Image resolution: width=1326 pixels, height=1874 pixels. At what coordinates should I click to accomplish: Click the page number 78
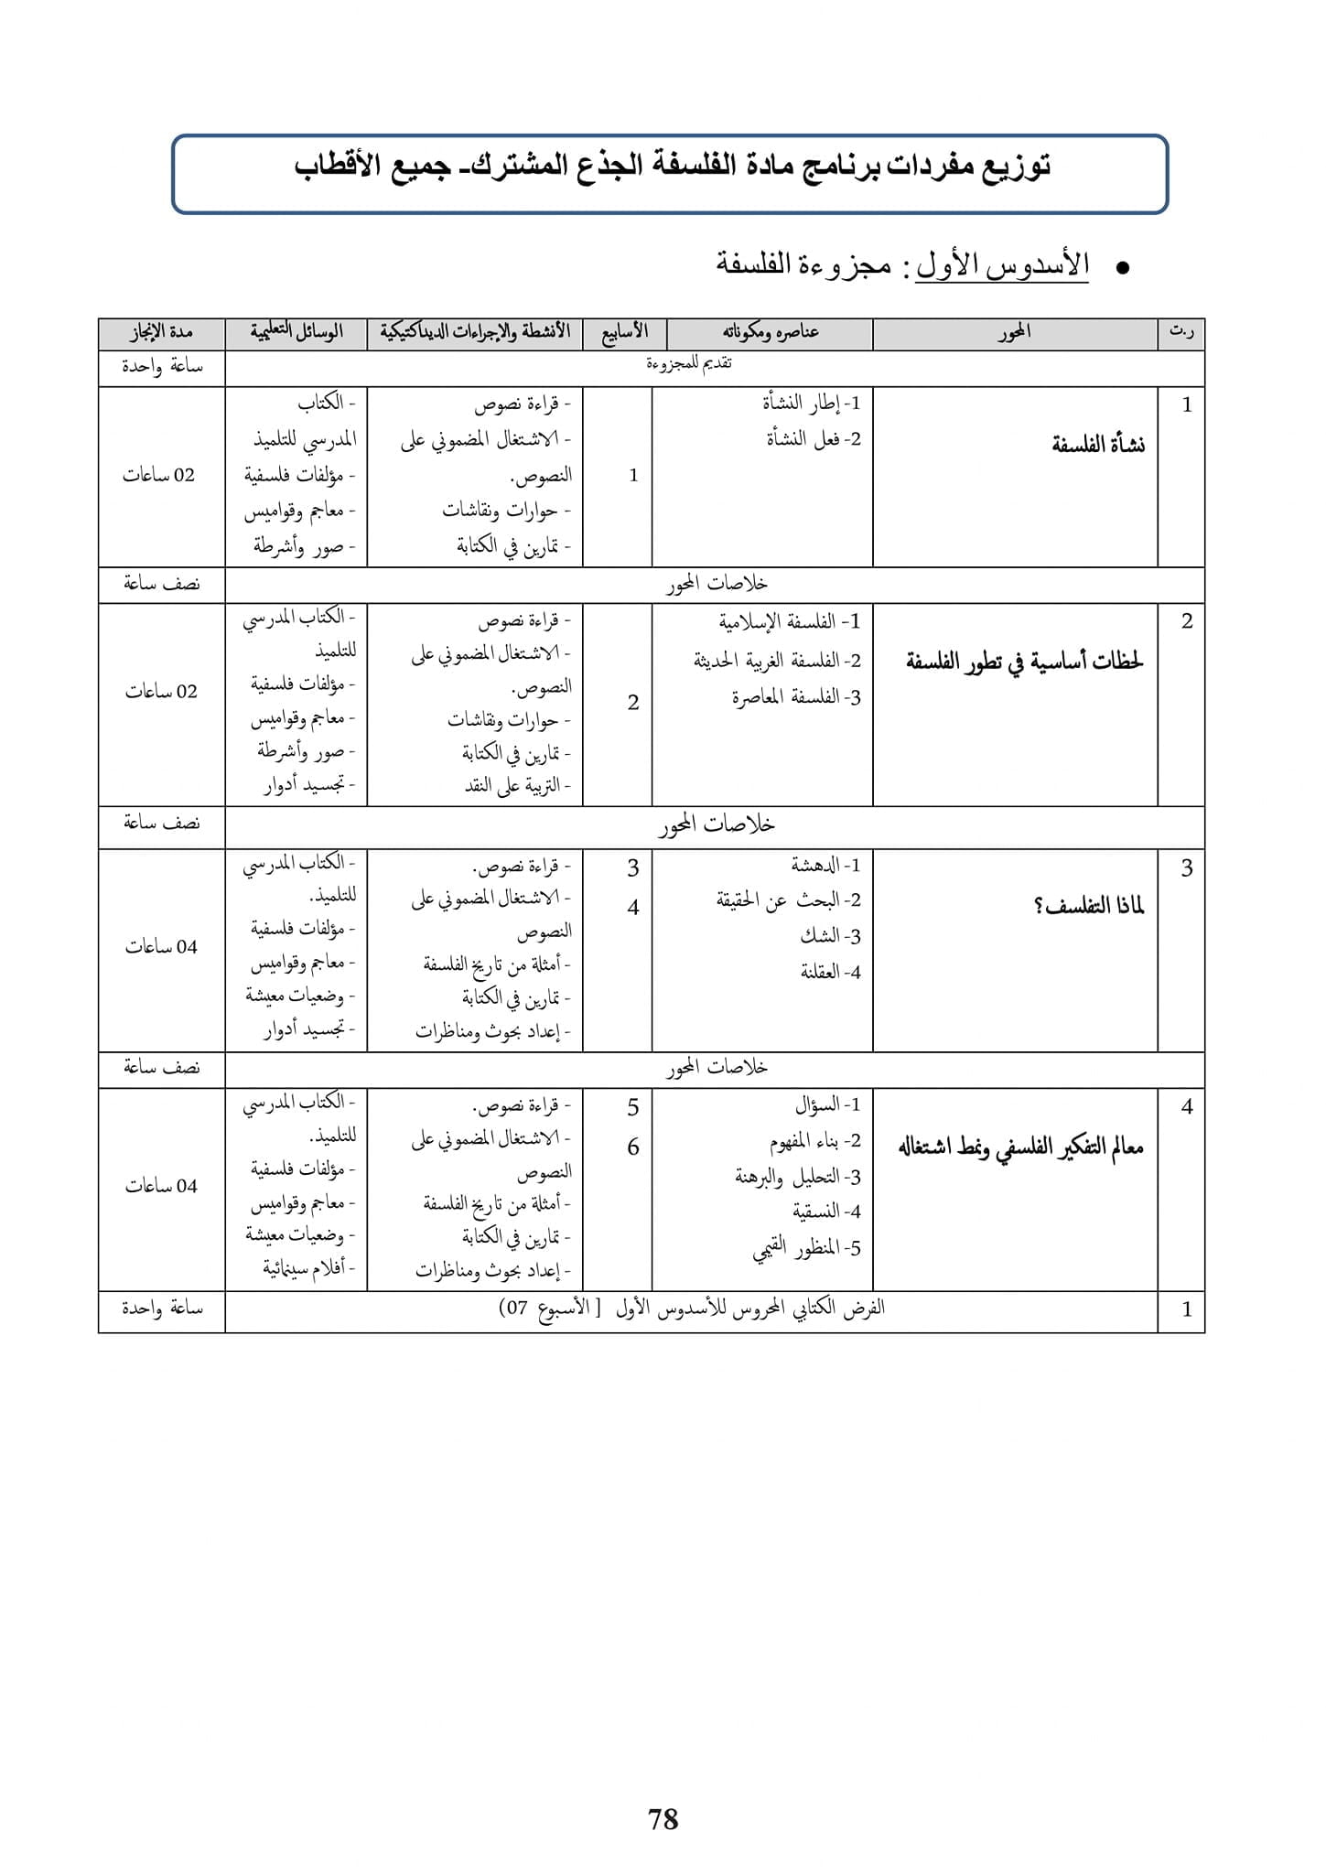[663, 1818]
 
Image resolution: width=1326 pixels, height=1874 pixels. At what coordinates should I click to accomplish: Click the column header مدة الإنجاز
[161, 331]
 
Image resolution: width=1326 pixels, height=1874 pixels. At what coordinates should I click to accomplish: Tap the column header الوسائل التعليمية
[296, 331]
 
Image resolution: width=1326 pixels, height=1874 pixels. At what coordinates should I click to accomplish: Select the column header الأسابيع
[625, 331]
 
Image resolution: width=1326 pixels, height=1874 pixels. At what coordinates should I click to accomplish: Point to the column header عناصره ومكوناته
[771, 332]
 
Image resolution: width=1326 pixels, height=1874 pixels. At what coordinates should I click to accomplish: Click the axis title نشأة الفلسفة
[1098, 446]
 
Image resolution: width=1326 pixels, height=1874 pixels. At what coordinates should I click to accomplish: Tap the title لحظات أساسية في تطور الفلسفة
[1025, 662]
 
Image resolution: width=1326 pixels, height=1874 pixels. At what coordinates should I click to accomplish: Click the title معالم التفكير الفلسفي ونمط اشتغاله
[1020, 1147]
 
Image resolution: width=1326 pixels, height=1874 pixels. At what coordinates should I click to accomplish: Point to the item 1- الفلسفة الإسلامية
[790, 622]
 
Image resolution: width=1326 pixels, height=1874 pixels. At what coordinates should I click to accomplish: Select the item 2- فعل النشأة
[814, 439]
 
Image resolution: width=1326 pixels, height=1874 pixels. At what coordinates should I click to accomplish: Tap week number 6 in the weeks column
[632, 1147]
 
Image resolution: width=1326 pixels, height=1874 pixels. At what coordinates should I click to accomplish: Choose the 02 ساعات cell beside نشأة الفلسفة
[159, 475]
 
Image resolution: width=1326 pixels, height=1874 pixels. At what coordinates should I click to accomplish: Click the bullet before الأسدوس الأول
[1122, 268]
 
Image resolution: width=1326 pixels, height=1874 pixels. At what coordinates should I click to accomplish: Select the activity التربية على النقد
[517, 786]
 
